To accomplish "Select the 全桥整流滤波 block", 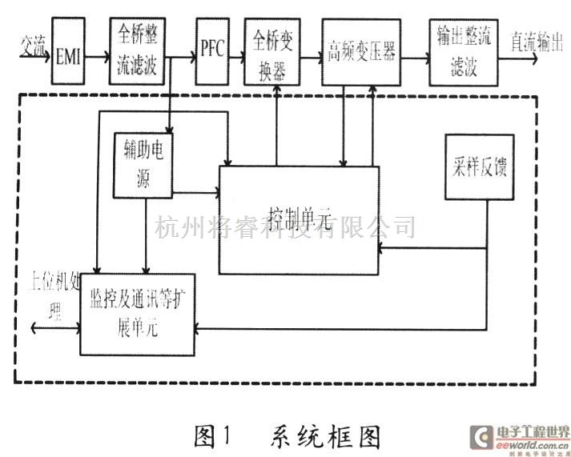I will (x=139, y=50).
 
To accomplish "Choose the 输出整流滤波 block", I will (x=459, y=50).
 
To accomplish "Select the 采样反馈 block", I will (x=478, y=167).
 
